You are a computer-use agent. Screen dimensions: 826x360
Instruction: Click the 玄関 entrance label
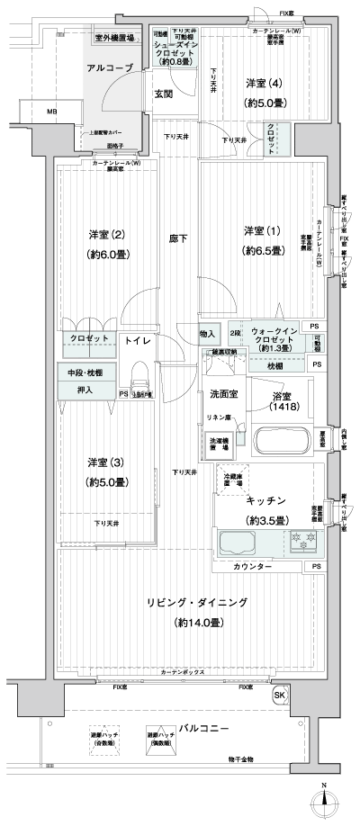coord(163,93)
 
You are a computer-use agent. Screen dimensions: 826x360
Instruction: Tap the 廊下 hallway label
coord(178,238)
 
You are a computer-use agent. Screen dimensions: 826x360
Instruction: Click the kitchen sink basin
coord(237,542)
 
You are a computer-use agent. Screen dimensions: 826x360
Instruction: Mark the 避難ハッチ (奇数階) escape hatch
coord(101,738)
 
